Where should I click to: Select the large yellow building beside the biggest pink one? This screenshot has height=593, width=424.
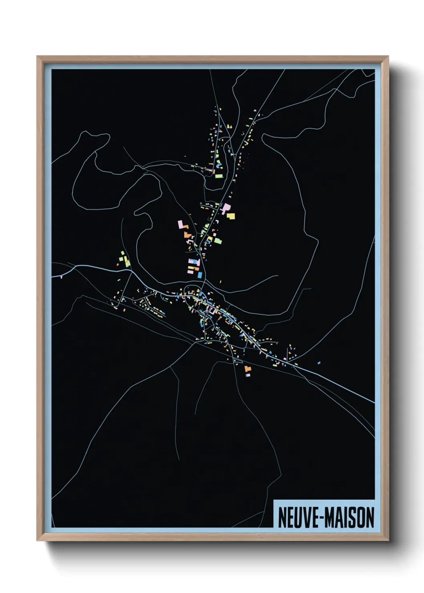coord(231,216)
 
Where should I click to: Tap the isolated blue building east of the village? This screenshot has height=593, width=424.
coord(319,363)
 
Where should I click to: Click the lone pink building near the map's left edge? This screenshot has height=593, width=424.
coord(61,276)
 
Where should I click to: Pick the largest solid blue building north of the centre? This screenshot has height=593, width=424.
coord(200,275)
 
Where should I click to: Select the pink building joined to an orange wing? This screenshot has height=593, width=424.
coord(182,224)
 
